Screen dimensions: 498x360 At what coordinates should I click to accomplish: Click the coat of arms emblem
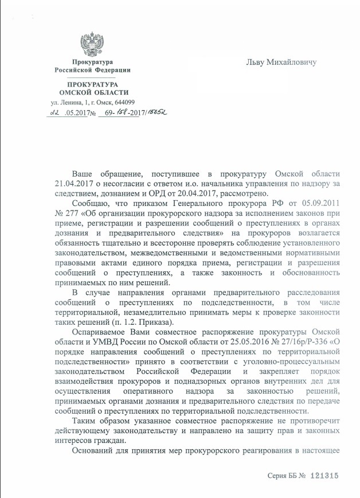(92, 42)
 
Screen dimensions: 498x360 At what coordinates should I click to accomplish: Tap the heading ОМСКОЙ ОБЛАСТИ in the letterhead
(94, 92)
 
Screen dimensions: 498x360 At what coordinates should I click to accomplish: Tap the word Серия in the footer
(280, 476)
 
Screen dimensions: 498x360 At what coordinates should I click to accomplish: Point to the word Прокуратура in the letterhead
(92, 61)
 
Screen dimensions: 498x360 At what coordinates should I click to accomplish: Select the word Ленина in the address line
(69, 102)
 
